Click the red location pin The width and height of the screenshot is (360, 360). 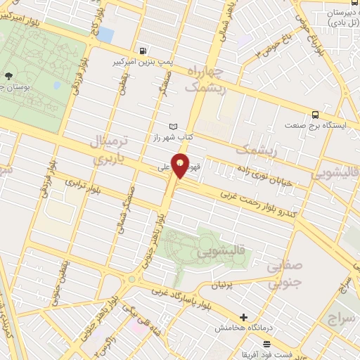[181, 166]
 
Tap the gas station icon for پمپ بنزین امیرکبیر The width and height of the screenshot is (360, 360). [144, 51]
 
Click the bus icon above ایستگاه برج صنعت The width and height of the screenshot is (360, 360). [315, 115]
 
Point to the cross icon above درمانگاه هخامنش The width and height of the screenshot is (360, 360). [243, 318]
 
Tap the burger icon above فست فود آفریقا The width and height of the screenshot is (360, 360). [266, 343]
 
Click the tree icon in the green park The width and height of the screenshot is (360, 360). [8, 75]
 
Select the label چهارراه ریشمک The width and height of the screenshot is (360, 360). [206, 80]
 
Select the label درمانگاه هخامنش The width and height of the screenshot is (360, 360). [243, 328]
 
